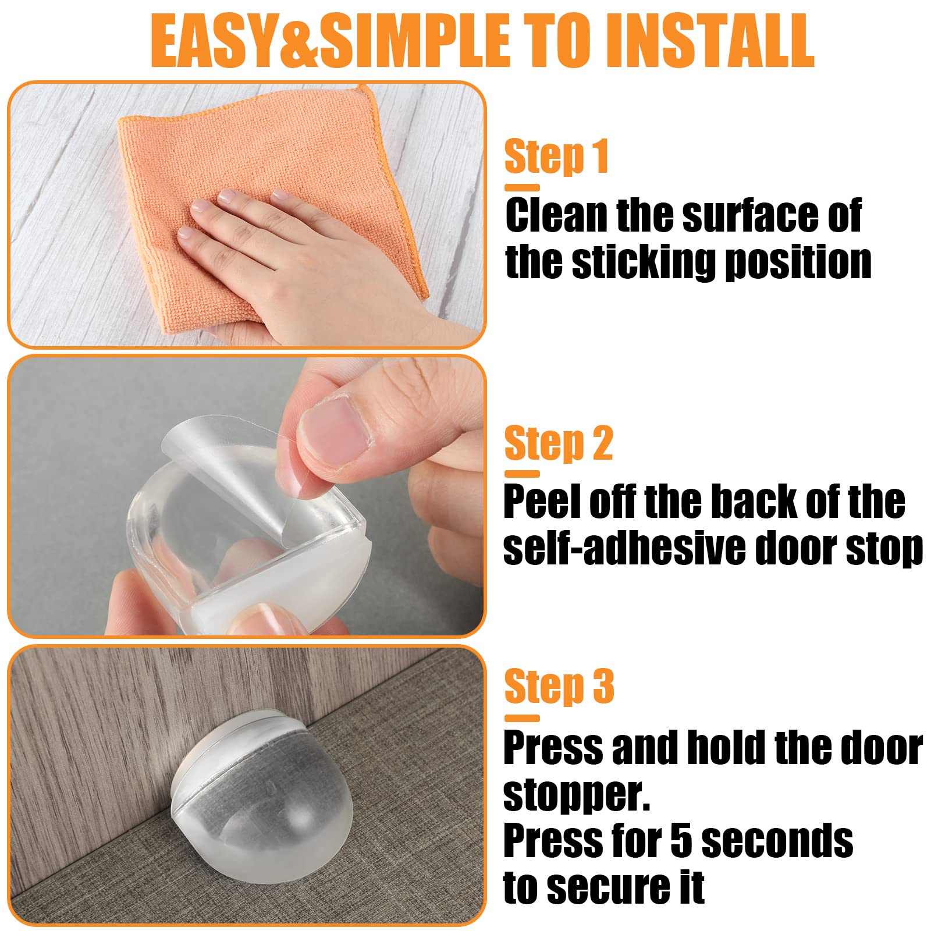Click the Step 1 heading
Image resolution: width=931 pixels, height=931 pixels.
pos(556,156)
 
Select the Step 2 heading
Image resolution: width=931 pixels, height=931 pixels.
pos(558,443)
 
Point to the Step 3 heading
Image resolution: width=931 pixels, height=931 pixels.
pos(559,687)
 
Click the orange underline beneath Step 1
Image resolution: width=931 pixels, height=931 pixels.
pos(522,187)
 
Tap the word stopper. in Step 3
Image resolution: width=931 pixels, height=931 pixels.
pos(576,795)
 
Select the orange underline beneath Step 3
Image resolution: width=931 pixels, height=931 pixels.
pos(522,718)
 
